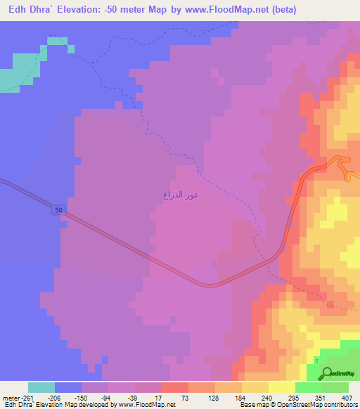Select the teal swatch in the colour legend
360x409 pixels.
click(41, 387)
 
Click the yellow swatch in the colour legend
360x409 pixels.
click(282, 387)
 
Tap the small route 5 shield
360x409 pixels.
click(316, 361)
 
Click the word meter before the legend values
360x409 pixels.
click(11, 397)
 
